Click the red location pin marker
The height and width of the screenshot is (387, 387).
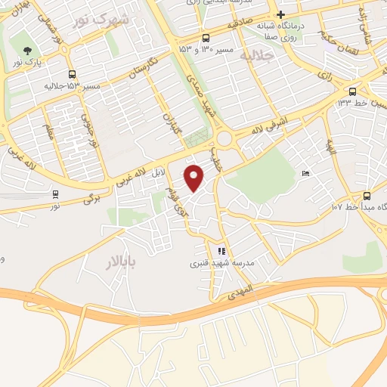click(x=195, y=178)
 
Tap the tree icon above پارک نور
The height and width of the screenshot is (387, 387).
click(x=29, y=51)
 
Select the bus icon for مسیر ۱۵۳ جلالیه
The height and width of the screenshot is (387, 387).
click(x=72, y=74)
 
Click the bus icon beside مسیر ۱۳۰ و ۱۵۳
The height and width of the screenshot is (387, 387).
click(x=206, y=39)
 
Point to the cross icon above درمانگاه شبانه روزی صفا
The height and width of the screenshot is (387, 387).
click(x=280, y=14)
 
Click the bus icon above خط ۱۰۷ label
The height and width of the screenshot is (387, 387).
click(x=367, y=193)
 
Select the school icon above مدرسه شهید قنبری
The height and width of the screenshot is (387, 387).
click(x=221, y=252)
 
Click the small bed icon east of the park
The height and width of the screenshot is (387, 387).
click(x=305, y=174)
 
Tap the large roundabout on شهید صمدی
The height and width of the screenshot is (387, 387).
click(x=224, y=138)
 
